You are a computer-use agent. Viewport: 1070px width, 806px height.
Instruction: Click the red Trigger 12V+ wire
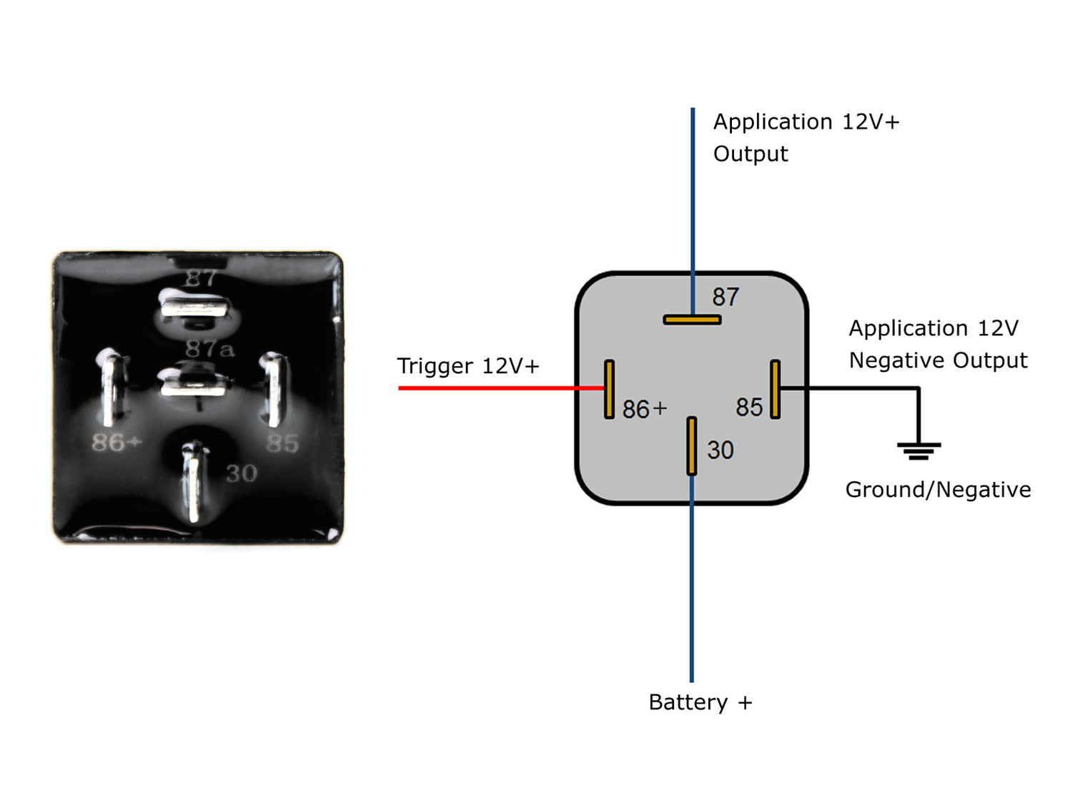coord(500,388)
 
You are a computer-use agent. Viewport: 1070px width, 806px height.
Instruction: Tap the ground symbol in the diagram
coord(918,449)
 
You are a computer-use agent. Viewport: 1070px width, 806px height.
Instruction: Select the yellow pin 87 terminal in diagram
coord(692,320)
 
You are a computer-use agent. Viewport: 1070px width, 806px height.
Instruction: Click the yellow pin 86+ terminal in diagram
coord(609,389)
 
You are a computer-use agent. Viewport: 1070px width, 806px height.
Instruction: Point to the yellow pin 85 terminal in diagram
coord(775,389)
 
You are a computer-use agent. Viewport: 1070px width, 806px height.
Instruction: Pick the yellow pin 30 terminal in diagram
coord(691,446)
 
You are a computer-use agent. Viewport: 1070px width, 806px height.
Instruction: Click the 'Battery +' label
coord(700,702)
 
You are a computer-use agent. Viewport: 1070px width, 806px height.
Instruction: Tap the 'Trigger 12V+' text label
coord(467,366)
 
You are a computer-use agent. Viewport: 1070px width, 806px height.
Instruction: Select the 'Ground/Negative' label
coord(938,490)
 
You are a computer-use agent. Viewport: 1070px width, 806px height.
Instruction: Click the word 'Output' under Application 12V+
coord(750,154)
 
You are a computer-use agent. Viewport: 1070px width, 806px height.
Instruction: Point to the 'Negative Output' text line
coord(938,360)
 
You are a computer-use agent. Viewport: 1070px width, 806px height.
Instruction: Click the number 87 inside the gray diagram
coord(725,297)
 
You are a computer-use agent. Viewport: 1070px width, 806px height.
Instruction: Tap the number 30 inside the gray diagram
coord(720,450)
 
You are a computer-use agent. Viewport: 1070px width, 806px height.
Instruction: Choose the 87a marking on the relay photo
coord(209,349)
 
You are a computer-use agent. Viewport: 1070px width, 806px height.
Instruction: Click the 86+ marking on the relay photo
coord(117,443)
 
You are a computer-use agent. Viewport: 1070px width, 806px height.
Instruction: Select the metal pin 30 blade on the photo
coord(192,483)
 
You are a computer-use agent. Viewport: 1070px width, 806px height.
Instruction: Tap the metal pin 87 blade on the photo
coord(194,307)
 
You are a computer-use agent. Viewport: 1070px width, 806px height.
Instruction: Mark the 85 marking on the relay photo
coord(282,443)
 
